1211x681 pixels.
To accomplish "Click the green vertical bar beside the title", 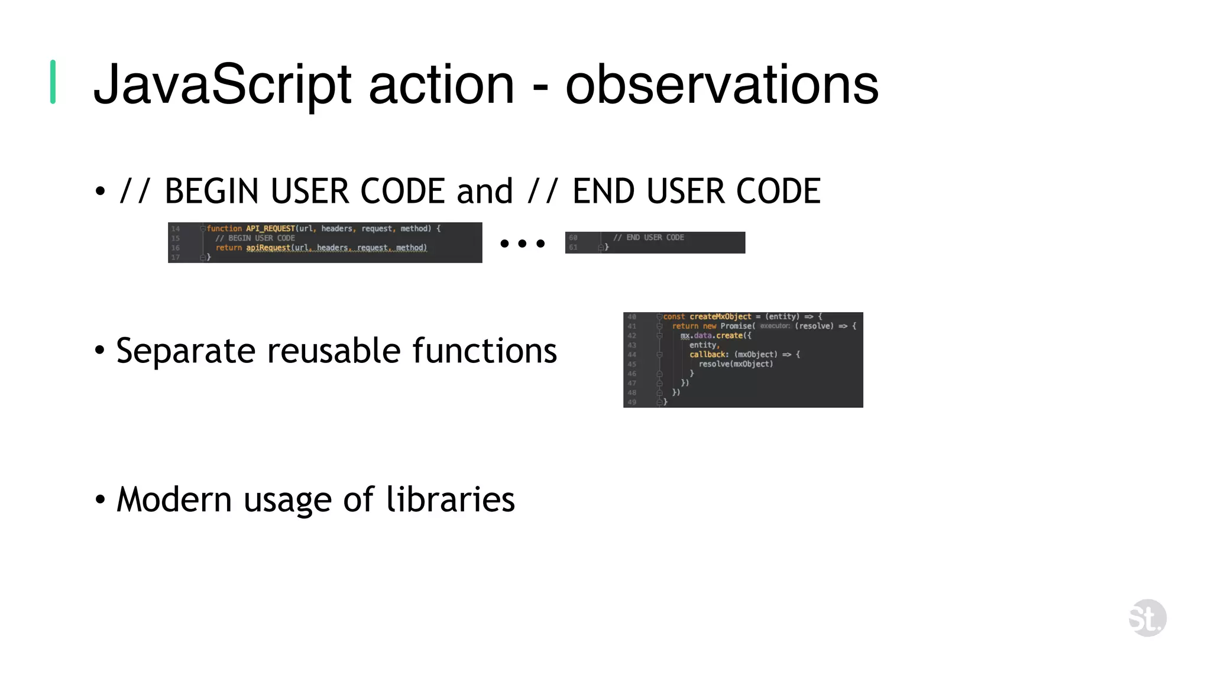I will tap(53, 82).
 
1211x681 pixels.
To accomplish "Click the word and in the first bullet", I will tap(484, 192).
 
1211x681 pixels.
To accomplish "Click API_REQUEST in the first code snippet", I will tap(270, 228).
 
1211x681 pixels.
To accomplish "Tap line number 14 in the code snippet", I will tap(176, 229).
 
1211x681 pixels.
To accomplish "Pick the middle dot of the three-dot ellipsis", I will tap(522, 244).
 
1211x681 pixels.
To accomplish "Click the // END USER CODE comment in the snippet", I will tap(648, 238).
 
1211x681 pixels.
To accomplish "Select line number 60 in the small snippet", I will tap(573, 238).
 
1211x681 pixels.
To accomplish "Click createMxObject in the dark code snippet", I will tap(720, 317).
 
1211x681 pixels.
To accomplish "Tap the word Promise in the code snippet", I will tap(736, 326).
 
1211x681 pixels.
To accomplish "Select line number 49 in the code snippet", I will tap(632, 402).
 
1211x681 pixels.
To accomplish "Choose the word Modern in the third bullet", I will tap(174, 500).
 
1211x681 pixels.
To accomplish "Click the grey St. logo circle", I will tap(1147, 618).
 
